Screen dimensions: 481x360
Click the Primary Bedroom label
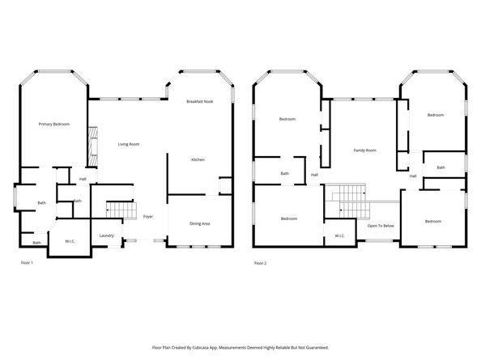pyautogui.click(x=54, y=124)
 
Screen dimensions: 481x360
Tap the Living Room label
pyautogui.click(x=129, y=144)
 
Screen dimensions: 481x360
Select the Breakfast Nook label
pyautogui.click(x=200, y=101)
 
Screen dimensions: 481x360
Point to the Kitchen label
pyautogui.click(x=198, y=159)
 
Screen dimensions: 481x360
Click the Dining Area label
pyautogui.click(x=200, y=223)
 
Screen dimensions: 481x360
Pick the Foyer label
pyautogui.click(x=148, y=217)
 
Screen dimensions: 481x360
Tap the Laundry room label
pyautogui.click(x=106, y=235)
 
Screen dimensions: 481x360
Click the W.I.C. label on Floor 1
pyautogui.click(x=70, y=241)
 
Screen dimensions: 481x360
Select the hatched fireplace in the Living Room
pyautogui.click(x=93, y=146)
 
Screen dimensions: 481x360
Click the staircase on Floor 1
pyautogui.click(x=121, y=210)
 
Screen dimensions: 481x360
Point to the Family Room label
pyautogui.click(x=364, y=150)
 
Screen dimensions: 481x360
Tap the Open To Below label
pyautogui.click(x=381, y=226)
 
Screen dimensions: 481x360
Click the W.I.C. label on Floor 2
pyautogui.click(x=340, y=235)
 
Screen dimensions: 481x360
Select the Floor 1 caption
pyautogui.click(x=27, y=263)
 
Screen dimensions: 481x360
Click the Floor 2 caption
pyautogui.click(x=261, y=263)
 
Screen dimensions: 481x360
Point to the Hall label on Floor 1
pyautogui.click(x=83, y=179)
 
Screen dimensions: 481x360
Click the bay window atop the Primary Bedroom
pyautogui.click(x=54, y=72)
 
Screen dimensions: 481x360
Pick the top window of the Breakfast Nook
pyautogui.click(x=199, y=72)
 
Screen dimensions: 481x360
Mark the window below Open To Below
pyautogui.click(x=379, y=241)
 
